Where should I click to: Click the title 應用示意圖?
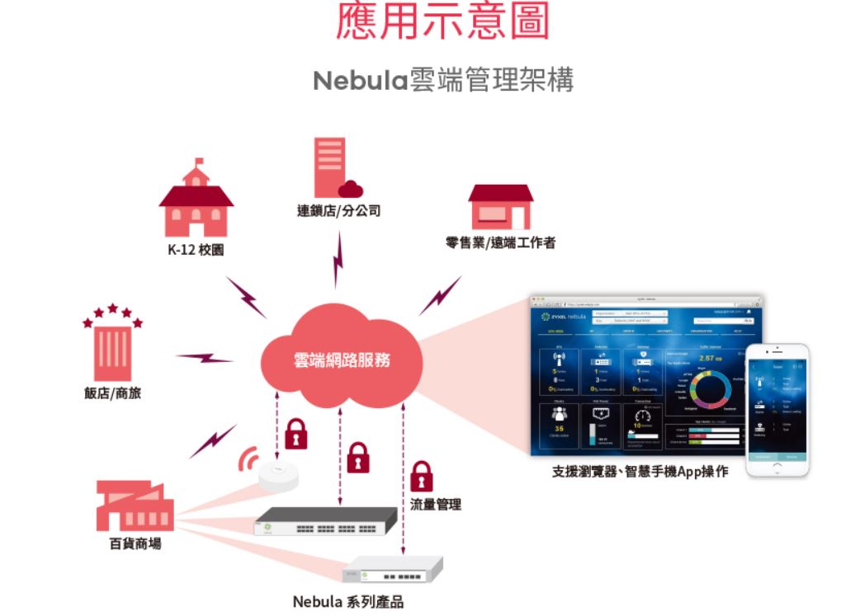click(x=442, y=22)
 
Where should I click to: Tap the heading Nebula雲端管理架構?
click(x=442, y=81)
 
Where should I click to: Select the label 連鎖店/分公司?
click(x=339, y=211)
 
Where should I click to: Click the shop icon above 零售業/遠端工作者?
click(x=500, y=207)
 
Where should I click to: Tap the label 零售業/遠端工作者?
click(x=500, y=242)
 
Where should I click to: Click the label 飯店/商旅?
click(x=113, y=393)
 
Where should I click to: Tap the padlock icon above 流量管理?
click(x=422, y=477)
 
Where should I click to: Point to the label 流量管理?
click(x=436, y=504)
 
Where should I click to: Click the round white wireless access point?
click(x=277, y=476)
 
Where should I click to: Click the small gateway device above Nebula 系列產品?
click(x=392, y=570)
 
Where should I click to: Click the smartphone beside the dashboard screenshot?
click(x=777, y=410)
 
